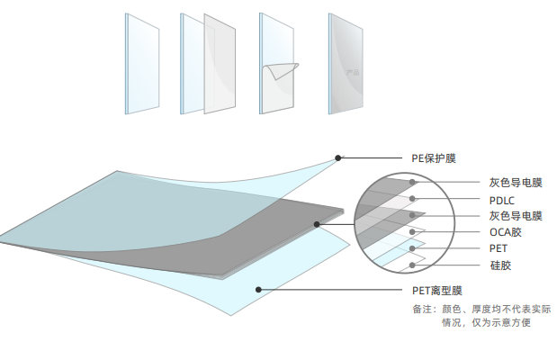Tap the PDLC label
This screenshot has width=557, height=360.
pyautogui.click(x=502, y=200)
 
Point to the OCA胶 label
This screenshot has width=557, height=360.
pyautogui.click(x=505, y=232)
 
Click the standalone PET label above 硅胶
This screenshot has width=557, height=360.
pyautogui.click(x=499, y=247)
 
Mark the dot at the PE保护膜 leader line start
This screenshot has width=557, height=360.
pyautogui.click(x=338, y=158)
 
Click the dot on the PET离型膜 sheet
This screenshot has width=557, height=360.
pyautogui.click(x=258, y=290)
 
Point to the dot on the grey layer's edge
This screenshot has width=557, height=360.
pyautogui.click(x=317, y=223)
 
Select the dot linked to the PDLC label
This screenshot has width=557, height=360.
pyautogui.click(x=413, y=199)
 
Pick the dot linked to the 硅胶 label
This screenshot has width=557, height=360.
pyautogui.click(x=413, y=264)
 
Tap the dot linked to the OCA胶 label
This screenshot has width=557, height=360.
pyautogui.click(x=413, y=231)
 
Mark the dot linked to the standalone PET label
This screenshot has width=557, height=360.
pyautogui.click(x=413, y=247)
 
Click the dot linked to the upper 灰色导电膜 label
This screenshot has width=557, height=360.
pyautogui.click(x=413, y=183)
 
